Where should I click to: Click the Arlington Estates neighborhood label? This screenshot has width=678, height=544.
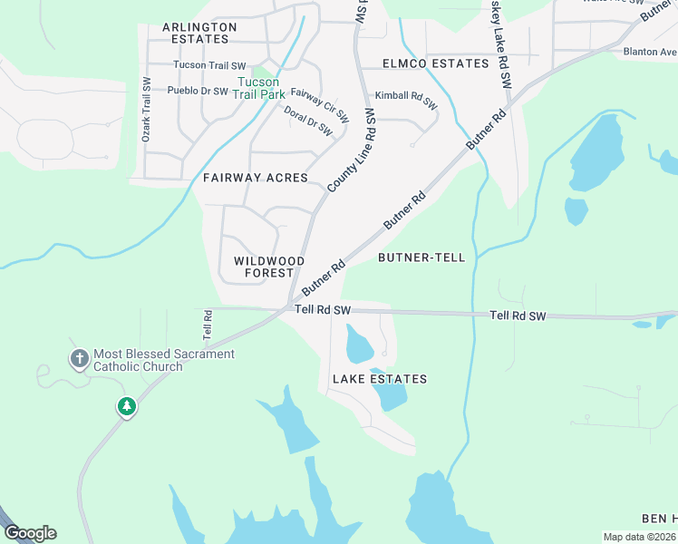coord(199,34)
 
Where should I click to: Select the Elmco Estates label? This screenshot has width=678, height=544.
coord(435,63)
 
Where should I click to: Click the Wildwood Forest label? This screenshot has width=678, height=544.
coord(264,267)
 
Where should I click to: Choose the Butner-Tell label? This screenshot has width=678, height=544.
coord(421,257)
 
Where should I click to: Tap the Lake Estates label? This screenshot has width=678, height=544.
coord(379,379)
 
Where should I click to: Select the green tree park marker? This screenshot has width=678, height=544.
coord(127,407)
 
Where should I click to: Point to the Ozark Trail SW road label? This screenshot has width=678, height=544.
coord(145,108)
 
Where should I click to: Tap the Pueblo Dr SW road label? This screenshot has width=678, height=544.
coord(199,91)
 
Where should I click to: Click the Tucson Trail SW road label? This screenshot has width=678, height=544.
coord(209,65)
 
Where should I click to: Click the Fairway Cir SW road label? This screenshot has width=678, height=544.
coord(320,105)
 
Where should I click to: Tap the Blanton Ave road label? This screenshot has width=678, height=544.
coord(649,52)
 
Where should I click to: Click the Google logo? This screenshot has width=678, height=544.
coord(30,533)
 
